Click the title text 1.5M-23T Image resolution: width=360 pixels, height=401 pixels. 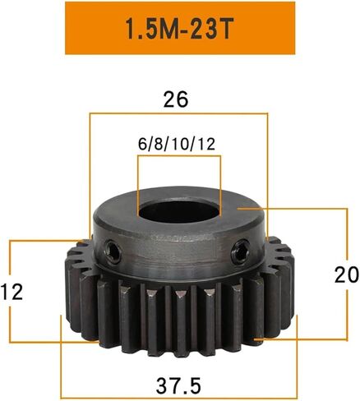click(179, 29)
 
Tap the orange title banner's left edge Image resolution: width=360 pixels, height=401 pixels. click(66, 28)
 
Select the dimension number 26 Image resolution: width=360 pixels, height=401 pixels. click(176, 99)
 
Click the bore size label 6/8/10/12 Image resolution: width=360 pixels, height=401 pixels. click(177, 144)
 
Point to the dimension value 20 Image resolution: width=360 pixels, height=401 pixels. click(346, 274)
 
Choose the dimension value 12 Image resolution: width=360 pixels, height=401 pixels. click(12, 292)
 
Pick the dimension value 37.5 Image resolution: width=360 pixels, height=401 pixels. click(178, 385)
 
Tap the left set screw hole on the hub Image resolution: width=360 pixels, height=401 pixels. click(113, 251)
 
